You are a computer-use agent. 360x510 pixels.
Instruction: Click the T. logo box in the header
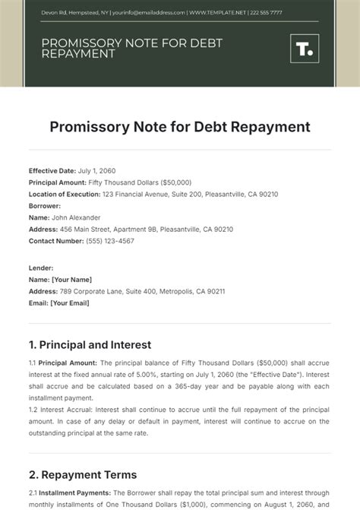[x=304, y=49]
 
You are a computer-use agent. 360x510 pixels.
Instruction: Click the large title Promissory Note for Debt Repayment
[x=179, y=126]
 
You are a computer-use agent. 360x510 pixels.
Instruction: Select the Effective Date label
[x=52, y=172]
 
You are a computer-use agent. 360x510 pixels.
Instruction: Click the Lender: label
[x=41, y=268]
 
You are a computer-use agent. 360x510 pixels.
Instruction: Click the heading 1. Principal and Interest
[x=90, y=344]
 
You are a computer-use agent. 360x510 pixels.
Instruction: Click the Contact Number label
[x=56, y=241]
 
